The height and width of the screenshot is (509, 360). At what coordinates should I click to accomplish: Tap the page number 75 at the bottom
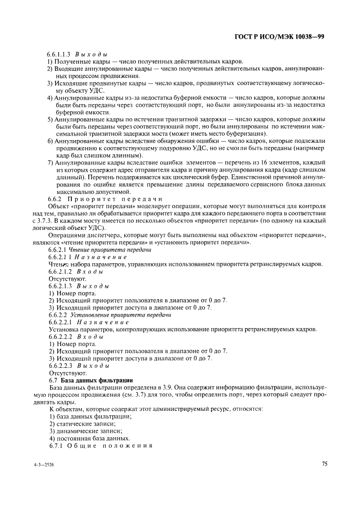click(x=324, y=464)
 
